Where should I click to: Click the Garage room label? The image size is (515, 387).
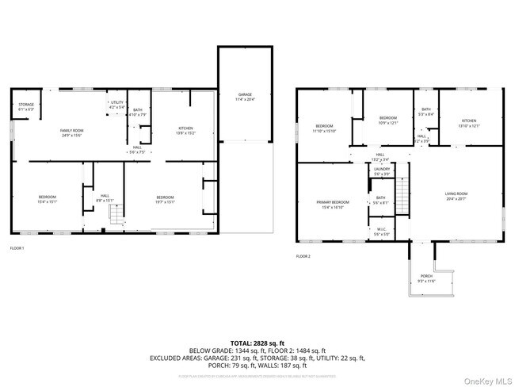click(x=245, y=97)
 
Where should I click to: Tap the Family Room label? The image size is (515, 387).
click(x=72, y=132)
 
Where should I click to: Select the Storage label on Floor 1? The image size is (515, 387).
click(x=26, y=106)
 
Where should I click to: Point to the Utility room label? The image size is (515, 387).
click(x=116, y=105)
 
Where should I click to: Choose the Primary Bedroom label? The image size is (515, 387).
click(x=334, y=205)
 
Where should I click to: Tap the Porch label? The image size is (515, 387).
click(x=426, y=279)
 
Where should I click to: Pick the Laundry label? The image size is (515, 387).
click(x=381, y=171)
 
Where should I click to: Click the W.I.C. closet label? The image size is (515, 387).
click(x=381, y=232)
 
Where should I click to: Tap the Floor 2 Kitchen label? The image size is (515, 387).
click(x=469, y=123)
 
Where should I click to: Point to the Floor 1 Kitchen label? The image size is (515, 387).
click(x=185, y=130)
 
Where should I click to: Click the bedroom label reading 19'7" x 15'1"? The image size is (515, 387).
click(x=165, y=199)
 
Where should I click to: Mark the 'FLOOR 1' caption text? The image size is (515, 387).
click(x=17, y=248)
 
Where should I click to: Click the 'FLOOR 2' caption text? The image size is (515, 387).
click(x=303, y=256)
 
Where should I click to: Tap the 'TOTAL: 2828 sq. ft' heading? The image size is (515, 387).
click(x=257, y=343)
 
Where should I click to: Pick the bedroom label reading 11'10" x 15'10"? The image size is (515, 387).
click(x=325, y=128)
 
